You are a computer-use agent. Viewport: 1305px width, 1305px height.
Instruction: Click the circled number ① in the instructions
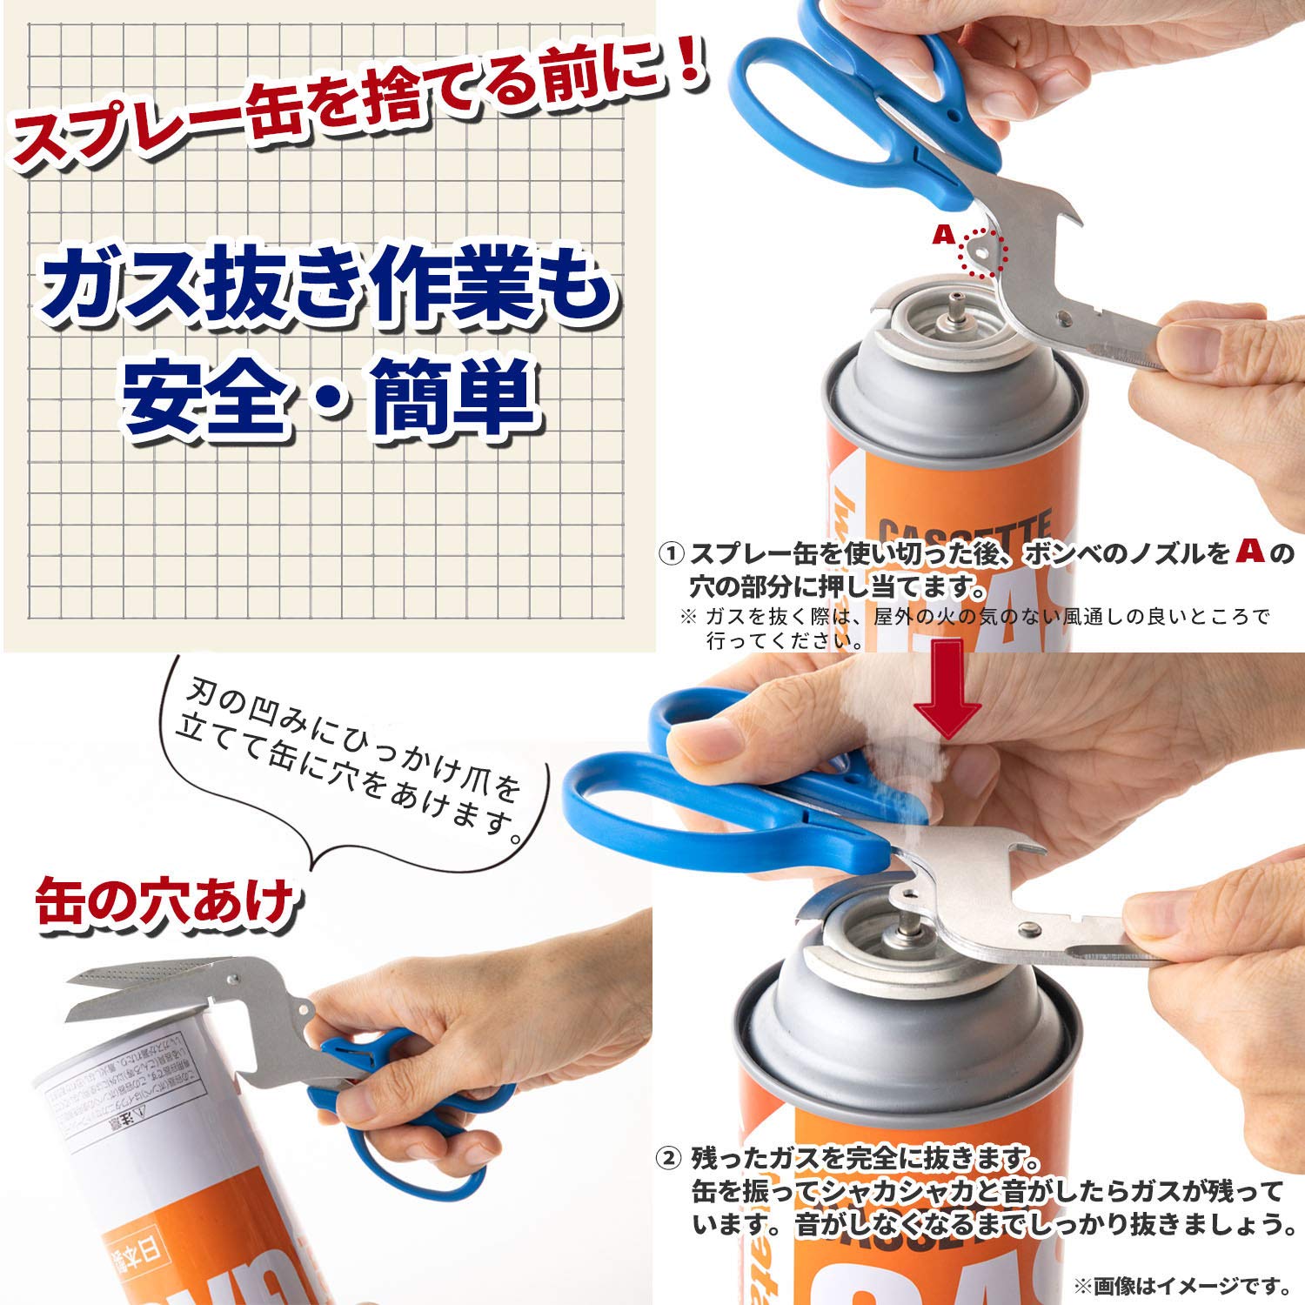[x=671, y=553]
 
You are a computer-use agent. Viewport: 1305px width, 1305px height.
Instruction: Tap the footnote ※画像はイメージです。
[x=1181, y=1284]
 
